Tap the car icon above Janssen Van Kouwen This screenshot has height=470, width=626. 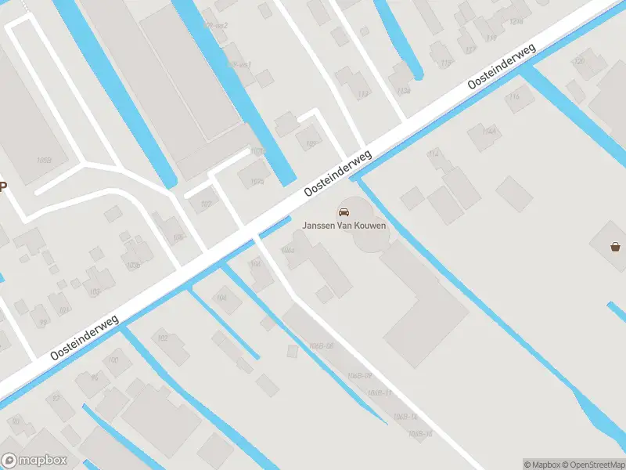pos(344,211)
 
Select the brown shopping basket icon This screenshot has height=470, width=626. pos(616,247)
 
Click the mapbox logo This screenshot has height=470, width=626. pos(34,461)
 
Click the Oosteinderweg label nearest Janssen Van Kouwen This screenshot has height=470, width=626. pos(338,172)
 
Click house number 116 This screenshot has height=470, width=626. pos(491,38)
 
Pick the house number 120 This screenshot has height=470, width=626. pos(579,60)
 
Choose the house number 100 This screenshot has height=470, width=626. pos(113,360)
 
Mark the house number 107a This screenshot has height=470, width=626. pos(257,151)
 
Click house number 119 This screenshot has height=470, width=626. pos(447,63)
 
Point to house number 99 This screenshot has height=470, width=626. pos(43,321)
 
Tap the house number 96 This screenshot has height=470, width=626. pos(95,377)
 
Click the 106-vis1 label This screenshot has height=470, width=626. pos(239,64)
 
